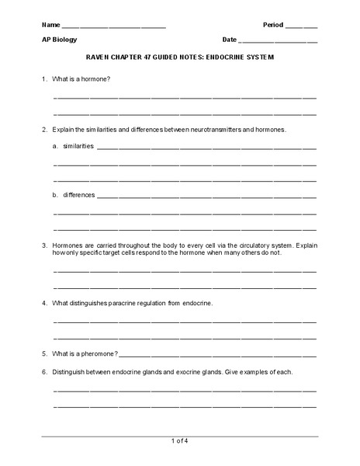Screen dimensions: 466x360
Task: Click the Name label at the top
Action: [x=50, y=23]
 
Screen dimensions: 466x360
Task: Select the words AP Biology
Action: [x=60, y=39]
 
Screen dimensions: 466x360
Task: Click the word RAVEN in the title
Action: [x=97, y=57]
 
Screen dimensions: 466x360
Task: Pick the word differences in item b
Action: [x=78, y=194]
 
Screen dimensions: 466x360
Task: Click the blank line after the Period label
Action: [x=302, y=26]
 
